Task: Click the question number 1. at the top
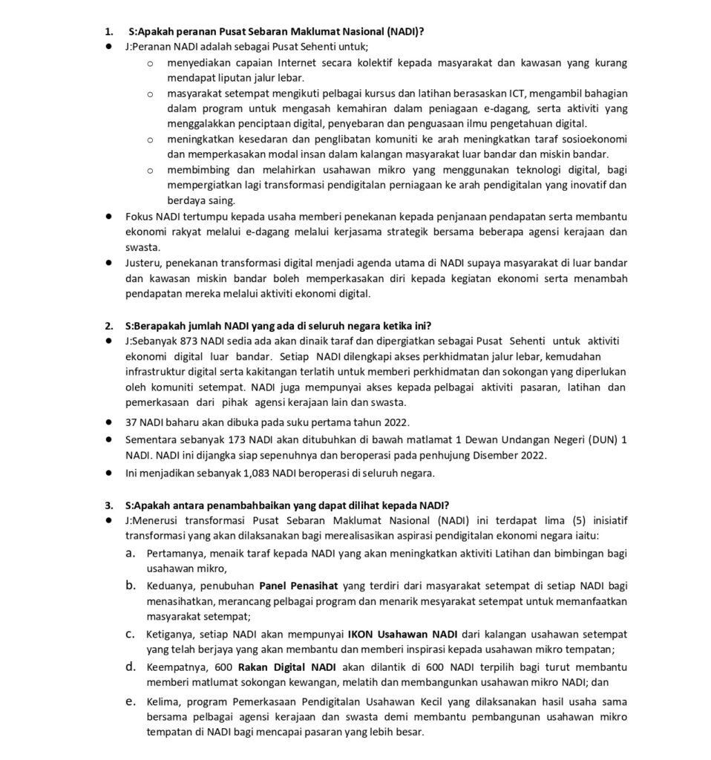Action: pyautogui.click(x=108, y=32)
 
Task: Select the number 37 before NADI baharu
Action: pyautogui.click(x=131, y=422)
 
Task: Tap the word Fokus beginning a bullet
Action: pyautogui.click(x=139, y=216)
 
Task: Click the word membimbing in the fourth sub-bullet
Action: pyautogui.click(x=196, y=170)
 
